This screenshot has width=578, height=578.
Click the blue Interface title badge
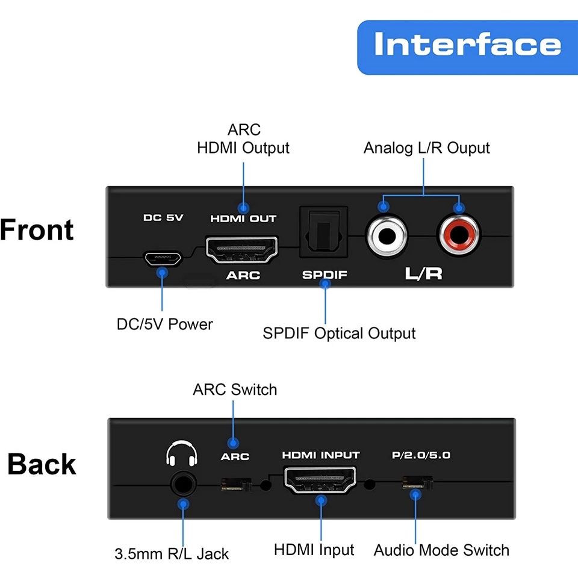point(467,47)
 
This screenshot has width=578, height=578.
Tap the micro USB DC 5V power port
point(162,258)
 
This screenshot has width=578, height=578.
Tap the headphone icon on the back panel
point(182,455)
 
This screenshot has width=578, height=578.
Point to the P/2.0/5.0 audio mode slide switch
point(417,483)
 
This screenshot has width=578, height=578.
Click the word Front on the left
point(37,230)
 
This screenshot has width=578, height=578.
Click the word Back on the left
point(42,464)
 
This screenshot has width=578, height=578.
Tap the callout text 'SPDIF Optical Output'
point(339,333)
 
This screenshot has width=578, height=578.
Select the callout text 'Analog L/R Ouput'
point(426,148)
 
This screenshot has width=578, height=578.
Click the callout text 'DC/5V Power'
point(164,324)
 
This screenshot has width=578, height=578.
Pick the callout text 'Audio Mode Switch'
point(441,550)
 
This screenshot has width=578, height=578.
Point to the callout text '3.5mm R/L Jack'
point(172,553)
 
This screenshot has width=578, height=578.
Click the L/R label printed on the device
point(423,275)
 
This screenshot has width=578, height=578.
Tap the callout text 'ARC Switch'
point(235,390)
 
